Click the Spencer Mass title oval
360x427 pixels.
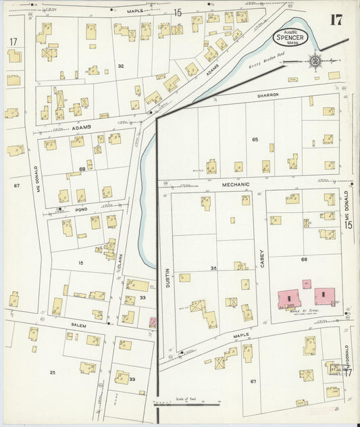(291, 37)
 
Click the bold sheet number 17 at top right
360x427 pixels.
(336, 19)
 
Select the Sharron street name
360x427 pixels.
(267, 95)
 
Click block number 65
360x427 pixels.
(255, 139)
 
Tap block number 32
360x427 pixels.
(120, 66)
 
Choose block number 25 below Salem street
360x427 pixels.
(52, 372)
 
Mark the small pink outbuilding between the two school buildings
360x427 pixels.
(307, 284)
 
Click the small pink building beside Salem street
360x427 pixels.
(153, 323)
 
